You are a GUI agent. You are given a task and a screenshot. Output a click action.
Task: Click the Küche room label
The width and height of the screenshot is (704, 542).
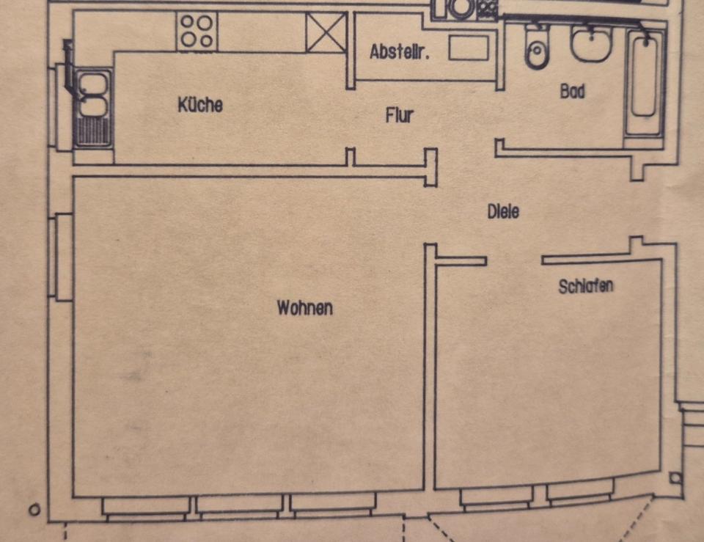click(x=199, y=105)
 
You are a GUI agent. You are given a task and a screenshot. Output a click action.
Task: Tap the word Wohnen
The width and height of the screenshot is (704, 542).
click(x=304, y=308)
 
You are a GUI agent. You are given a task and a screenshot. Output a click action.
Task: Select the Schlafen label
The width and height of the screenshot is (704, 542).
click(x=585, y=286)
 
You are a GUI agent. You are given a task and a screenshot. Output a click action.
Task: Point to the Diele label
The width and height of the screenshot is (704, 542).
click(x=503, y=211)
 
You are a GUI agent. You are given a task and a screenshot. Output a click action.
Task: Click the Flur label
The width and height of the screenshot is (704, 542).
click(x=400, y=115)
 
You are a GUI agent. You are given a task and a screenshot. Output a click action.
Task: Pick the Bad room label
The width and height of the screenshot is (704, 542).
click(x=572, y=92)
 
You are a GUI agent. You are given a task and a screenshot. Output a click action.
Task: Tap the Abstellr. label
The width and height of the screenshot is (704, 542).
click(x=399, y=52)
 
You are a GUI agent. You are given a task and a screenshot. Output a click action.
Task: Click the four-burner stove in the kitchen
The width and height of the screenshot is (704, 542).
click(x=197, y=32)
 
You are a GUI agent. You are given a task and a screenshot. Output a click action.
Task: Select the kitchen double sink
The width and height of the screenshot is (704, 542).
click(x=92, y=108)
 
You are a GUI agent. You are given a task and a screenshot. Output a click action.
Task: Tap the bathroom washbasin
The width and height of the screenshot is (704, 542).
click(x=592, y=44)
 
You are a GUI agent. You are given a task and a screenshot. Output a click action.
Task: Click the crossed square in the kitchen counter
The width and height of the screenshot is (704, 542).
click(x=326, y=33)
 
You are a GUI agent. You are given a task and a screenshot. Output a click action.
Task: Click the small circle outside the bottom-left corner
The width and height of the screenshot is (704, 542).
click(x=34, y=509)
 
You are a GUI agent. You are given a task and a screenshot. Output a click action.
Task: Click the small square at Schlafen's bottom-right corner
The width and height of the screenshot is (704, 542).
click(x=675, y=478)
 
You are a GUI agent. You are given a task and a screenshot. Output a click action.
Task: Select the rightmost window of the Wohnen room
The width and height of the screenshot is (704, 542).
click(x=334, y=505)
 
